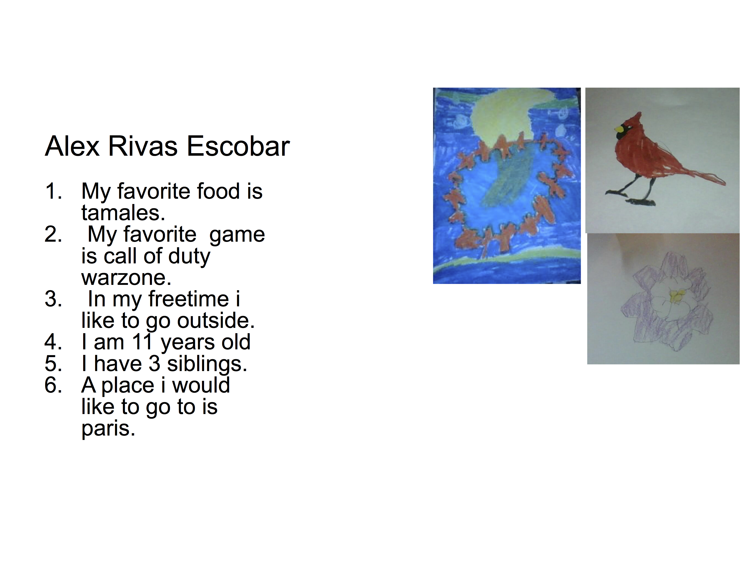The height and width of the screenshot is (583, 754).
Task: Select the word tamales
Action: [x=123, y=213]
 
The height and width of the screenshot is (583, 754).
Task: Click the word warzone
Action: [x=126, y=278]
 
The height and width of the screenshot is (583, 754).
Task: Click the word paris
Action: [x=108, y=429]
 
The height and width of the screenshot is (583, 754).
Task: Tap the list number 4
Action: [x=53, y=342]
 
